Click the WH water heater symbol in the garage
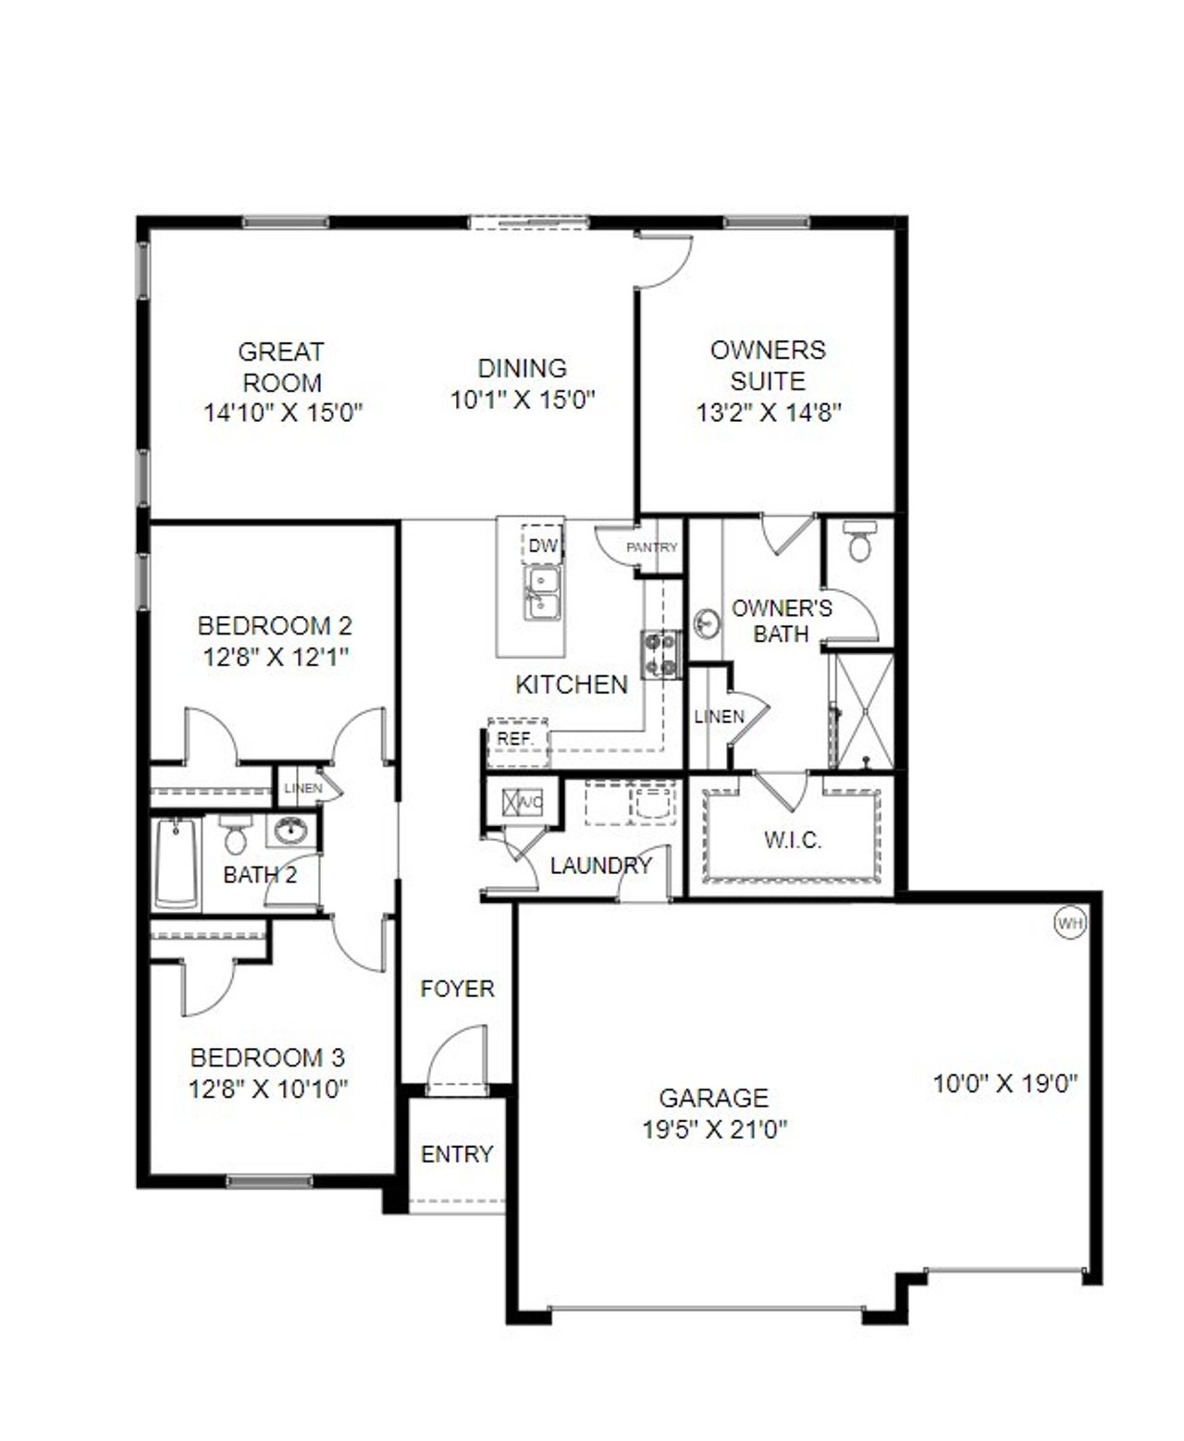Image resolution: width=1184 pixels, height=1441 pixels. [1069, 923]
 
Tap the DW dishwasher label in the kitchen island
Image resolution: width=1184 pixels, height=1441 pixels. [543, 546]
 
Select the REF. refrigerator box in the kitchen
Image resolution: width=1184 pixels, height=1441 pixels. [515, 739]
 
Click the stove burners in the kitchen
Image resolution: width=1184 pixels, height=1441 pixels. [661, 652]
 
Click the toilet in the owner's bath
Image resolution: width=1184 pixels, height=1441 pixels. [859, 541]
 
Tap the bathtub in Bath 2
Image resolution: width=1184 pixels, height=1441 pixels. [176, 862]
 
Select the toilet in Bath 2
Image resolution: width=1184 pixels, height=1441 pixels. [234, 835]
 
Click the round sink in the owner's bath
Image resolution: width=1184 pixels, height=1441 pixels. [708, 624]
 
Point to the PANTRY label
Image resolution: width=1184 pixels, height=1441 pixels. [652, 547]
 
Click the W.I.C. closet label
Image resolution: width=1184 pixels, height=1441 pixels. [793, 840]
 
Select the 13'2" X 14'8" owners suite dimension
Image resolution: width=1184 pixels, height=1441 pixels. [768, 413]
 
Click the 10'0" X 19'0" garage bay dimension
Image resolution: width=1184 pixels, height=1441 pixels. [1005, 1083]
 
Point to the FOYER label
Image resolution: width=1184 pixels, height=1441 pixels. [457, 989]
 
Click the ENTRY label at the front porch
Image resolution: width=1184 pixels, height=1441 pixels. [457, 1154]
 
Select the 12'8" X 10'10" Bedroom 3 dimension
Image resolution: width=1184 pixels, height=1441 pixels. [268, 1089]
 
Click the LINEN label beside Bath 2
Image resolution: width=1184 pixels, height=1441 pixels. [303, 788]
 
